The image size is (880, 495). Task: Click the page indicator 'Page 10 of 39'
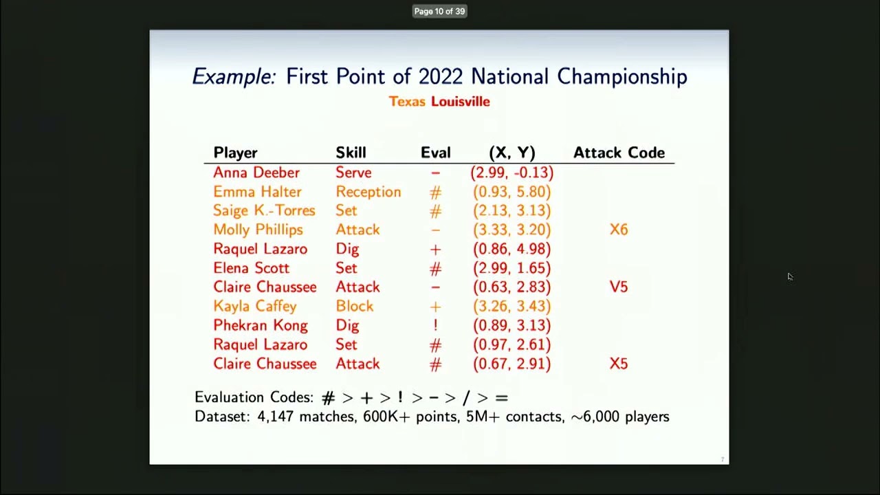[439, 11]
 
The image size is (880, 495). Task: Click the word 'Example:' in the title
[233, 76]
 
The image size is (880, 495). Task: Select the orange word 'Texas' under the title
[407, 102]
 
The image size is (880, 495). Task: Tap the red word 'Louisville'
[461, 102]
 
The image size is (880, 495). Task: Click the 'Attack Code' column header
[619, 153]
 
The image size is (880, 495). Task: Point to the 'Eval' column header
[436, 153]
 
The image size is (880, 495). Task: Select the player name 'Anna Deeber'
[256, 173]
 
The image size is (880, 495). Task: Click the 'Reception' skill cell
[368, 192]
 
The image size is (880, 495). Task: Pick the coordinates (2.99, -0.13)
[511, 173]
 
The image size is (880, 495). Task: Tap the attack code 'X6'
[619, 230]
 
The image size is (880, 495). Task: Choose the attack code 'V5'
[619, 287]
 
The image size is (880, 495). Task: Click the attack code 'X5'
[619, 364]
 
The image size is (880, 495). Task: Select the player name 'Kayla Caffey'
[255, 307]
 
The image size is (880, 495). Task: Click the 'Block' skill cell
[355, 307]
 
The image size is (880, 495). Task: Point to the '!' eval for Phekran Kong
[435, 326]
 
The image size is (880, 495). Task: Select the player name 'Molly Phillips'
[258, 230]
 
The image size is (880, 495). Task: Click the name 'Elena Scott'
[251, 268]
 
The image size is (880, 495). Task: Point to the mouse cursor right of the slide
[790, 276]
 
